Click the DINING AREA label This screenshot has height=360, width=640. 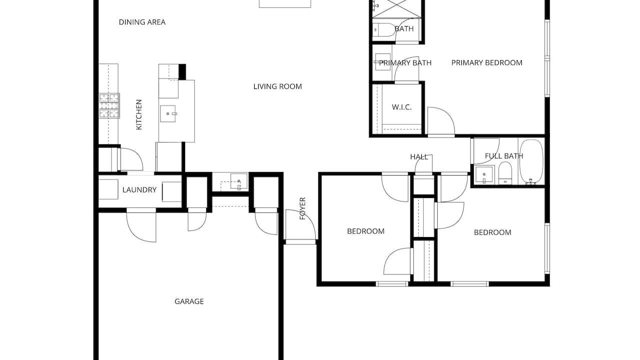(142, 22)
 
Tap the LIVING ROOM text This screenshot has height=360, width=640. (277, 86)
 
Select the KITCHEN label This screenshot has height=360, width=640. (139, 114)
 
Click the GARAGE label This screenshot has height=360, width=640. (189, 301)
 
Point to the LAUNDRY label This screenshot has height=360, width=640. (140, 190)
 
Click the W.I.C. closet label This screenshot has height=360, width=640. (402, 107)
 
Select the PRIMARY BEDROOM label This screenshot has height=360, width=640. (487, 63)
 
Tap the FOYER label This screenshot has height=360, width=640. (303, 208)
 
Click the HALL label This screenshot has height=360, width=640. (419, 157)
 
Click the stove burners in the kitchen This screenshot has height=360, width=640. (110, 105)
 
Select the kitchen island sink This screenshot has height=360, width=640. (168, 113)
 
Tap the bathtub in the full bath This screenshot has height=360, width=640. (531, 161)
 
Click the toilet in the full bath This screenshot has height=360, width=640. (505, 173)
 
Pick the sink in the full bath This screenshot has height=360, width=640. (484, 174)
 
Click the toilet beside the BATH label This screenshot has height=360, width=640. (384, 29)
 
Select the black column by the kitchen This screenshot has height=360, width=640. (182, 72)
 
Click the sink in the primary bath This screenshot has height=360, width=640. (383, 61)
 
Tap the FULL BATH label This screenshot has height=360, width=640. (504, 156)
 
